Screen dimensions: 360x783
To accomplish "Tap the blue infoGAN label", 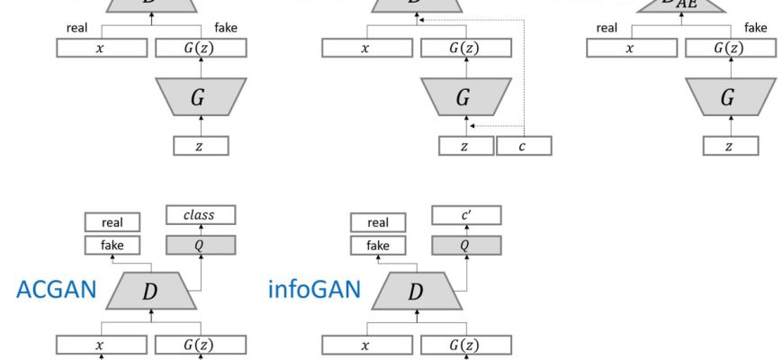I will pyautogui.click(x=314, y=289).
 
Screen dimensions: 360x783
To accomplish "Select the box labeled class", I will pyautogui.click(x=201, y=215).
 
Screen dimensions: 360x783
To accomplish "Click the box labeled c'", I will pyautogui.click(x=466, y=215).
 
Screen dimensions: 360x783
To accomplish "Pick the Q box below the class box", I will pyautogui.click(x=201, y=244).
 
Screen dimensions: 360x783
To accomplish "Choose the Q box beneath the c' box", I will pyautogui.click(x=466, y=244).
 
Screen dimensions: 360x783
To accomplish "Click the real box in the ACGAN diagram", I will pyautogui.click(x=112, y=222).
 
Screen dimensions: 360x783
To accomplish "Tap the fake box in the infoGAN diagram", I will pyautogui.click(x=378, y=245).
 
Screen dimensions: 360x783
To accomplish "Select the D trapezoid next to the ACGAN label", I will pyautogui.click(x=150, y=291).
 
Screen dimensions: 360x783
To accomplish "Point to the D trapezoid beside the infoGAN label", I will pyautogui.click(x=416, y=291).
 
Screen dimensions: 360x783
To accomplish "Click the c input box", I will pyautogui.click(x=523, y=146).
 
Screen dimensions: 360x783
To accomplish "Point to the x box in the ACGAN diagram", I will pyautogui.click(x=101, y=344).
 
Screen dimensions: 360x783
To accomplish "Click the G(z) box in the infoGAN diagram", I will pyautogui.click(x=466, y=344).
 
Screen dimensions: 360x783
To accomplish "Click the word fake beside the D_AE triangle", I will pyautogui.click(x=756, y=28).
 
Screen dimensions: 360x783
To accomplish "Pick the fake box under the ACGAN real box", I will pyautogui.click(x=112, y=245).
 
